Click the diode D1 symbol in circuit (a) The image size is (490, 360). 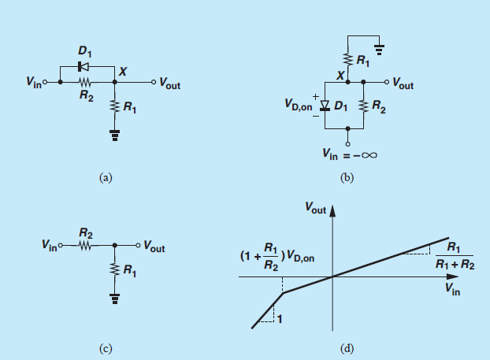[x=84, y=67]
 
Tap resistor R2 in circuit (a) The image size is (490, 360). [x=84, y=81]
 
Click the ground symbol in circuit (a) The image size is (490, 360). [x=116, y=135]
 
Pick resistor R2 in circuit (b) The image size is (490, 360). [x=364, y=105]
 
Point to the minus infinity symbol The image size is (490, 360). [x=369, y=154]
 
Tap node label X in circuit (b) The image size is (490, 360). [x=340, y=75]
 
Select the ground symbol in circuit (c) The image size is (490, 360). [x=116, y=300]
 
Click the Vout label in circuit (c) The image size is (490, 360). [x=153, y=247]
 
